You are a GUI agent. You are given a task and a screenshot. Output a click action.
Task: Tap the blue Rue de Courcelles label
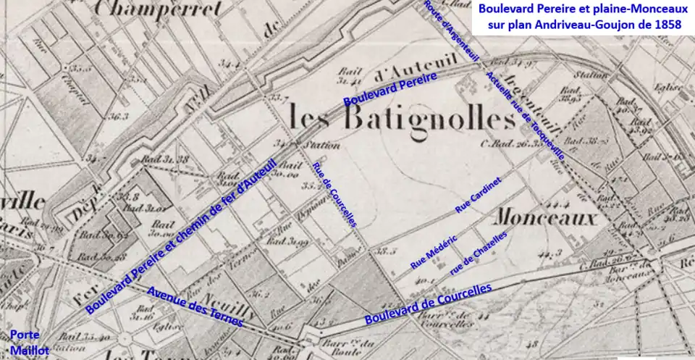334,195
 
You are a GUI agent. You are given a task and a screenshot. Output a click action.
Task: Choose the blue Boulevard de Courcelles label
428,303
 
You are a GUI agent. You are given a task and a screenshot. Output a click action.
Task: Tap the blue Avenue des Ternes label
195,306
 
